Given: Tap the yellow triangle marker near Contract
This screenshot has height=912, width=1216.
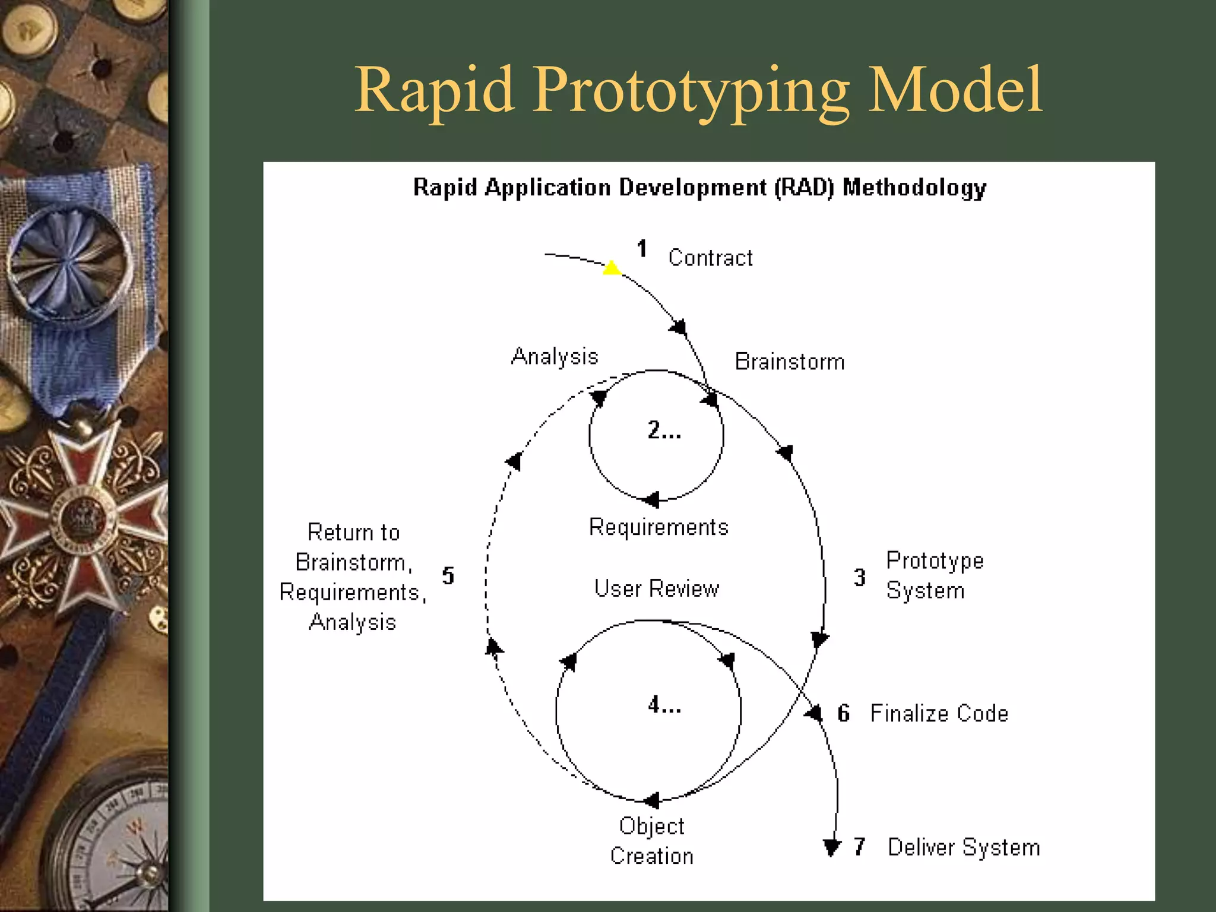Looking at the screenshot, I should tap(612, 268).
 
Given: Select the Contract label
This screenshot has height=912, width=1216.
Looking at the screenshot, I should tap(710, 258).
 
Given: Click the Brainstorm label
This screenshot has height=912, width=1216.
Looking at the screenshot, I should tap(789, 362).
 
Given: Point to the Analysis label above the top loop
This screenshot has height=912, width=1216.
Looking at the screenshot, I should tap(555, 356).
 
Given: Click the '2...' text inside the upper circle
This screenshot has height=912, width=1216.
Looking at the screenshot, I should tap(664, 430).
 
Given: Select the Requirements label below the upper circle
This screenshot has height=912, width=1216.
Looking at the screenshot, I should tap(658, 527).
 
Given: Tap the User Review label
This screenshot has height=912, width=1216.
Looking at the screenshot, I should tap(656, 588).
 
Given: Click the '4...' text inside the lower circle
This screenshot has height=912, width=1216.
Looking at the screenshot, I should tap(664, 705).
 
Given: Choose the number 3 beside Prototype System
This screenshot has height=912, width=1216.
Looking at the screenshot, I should tap(859, 577).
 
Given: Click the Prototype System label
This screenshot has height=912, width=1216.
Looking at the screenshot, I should tap(934, 575).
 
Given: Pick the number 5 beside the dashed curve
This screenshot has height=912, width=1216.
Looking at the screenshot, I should tap(448, 575).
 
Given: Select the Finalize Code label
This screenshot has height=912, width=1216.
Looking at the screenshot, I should tap(939, 713).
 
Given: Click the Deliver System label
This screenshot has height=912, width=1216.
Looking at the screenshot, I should tap(963, 847).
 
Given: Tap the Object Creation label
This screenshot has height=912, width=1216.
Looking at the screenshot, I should tap(651, 841).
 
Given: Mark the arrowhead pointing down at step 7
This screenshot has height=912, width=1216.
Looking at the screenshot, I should tap(832, 847).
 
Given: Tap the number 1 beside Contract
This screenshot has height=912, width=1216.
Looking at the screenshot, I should tap(642, 249).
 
